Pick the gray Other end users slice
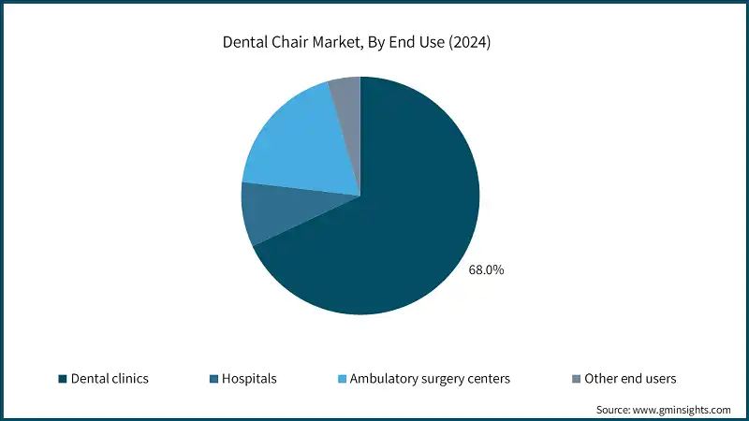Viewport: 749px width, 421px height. point(345,94)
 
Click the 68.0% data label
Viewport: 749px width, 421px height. point(486,269)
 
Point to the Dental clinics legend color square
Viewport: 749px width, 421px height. point(62,379)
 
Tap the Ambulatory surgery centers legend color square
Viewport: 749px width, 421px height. point(343,379)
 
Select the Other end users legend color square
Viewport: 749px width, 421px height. point(575,379)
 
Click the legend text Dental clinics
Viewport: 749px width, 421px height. point(110,379)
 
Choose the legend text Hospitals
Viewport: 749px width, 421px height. point(250,379)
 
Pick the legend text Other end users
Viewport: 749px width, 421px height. point(630,379)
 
